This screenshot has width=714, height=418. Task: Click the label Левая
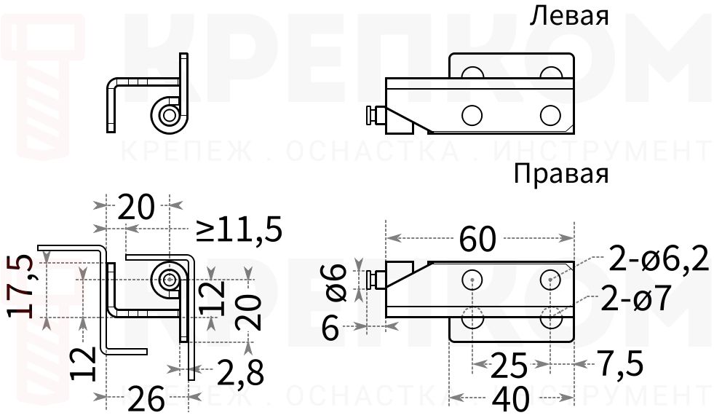coord(569,16)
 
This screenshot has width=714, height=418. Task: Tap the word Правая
coord(560,175)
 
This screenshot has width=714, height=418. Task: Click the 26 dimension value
coord(146,398)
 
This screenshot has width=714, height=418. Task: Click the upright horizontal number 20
coord(136,208)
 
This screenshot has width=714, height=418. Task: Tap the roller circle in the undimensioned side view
coord(170,114)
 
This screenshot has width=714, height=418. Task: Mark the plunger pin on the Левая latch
coord(373,115)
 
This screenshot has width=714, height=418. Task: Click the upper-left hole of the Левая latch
coord(472,74)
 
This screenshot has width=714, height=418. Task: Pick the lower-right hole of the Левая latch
coord(551,114)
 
